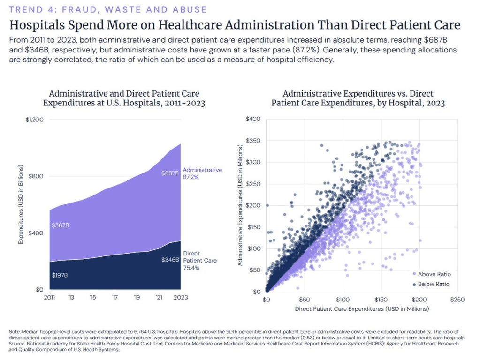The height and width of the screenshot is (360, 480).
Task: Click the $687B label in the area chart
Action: pyautogui.click(x=170, y=173)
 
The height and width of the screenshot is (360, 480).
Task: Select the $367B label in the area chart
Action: pyautogui.click(x=60, y=225)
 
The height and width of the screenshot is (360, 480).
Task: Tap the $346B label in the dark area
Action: pyautogui.click(x=170, y=260)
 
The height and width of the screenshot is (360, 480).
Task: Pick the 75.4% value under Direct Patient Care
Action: pyautogui.click(x=190, y=269)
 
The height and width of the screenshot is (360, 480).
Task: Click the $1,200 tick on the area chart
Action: pyautogui.click(x=34, y=120)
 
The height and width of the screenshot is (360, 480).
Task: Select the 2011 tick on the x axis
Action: pyautogui.click(x=49, y=297)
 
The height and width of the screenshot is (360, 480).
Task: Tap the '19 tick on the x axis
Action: pyautogui.click(x=137, y=297)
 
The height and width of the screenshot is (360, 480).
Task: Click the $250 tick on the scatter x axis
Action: pyautogui.click(x=457, y=300)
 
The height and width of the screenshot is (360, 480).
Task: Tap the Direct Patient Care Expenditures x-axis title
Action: pyautogui.click(x=362, y=309)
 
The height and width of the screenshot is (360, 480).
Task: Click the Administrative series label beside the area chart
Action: pyautogui.click(x=202, y=170)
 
